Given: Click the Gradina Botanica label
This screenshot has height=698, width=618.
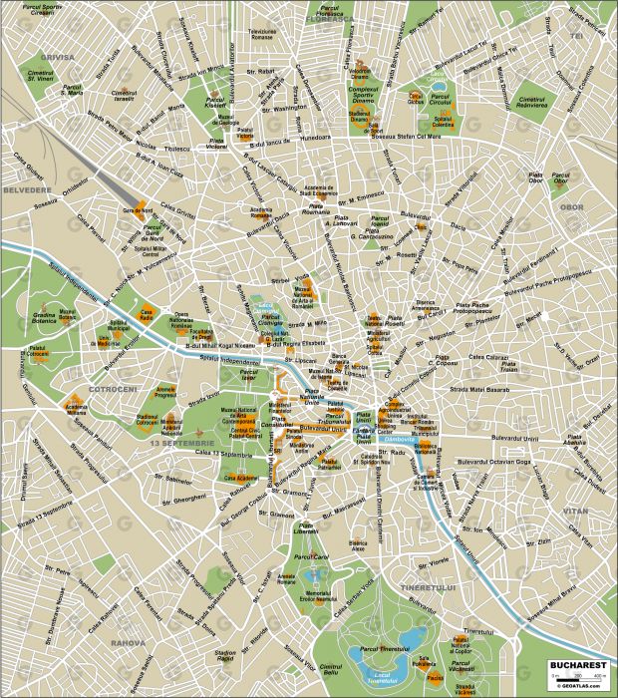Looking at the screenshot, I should click(43, 317).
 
